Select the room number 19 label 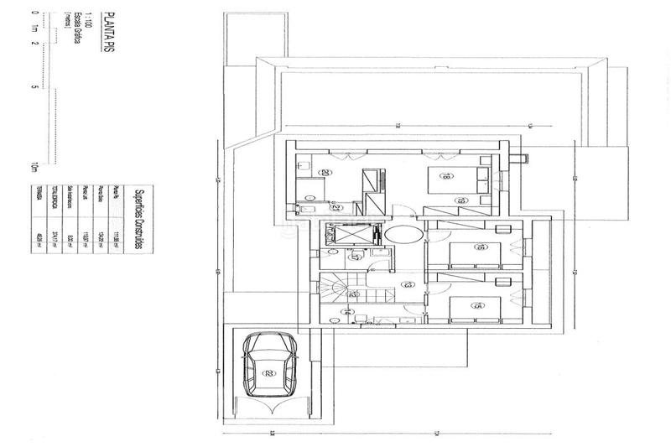pyautogui.click(x=460, y=200)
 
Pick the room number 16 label pyautogui.click(x=458, y=247)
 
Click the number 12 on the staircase pyautogui.click(x=354, y=294)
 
